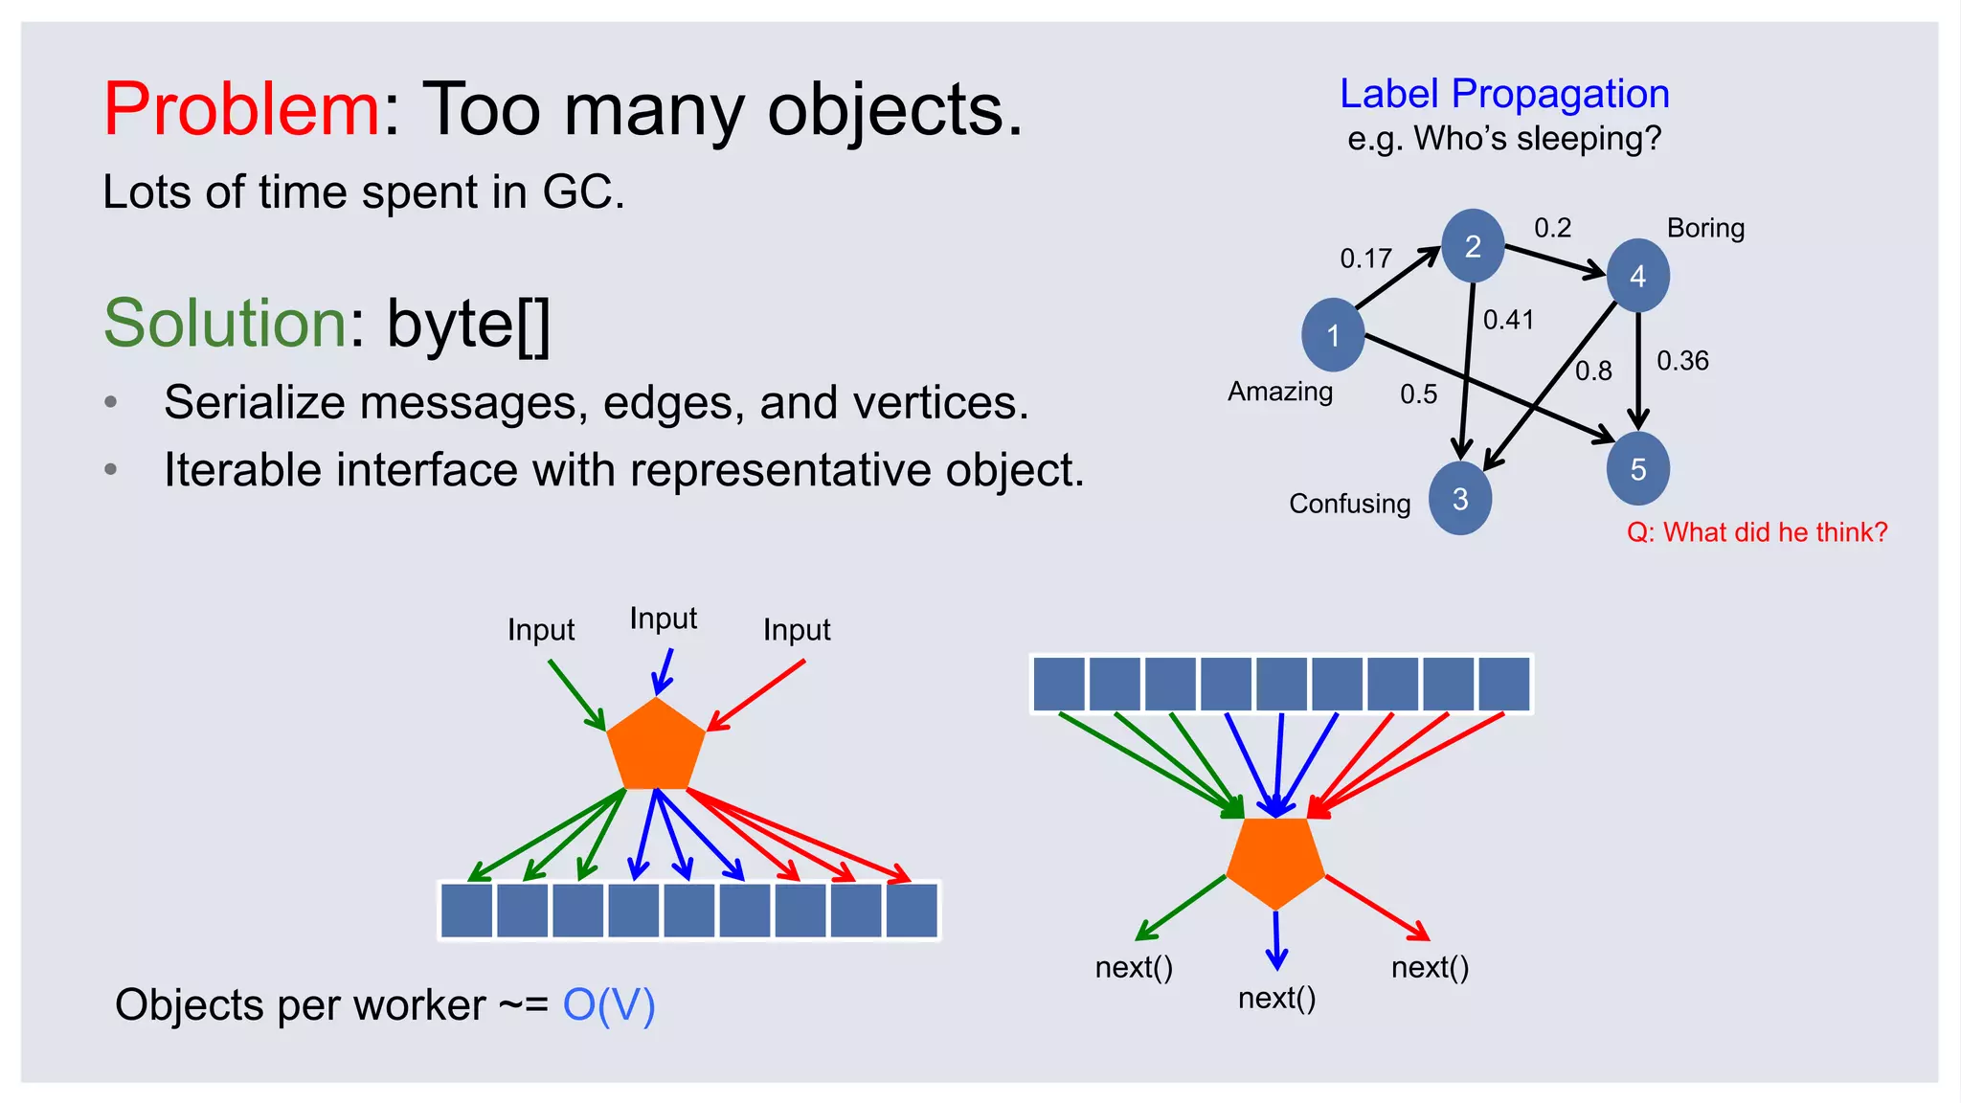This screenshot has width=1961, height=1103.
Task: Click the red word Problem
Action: pyautogui.click(x=241, y=109)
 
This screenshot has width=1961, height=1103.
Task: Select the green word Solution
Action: pyautogui.click(x=225, y=323)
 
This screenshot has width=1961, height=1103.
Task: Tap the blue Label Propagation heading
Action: pyautogui.click(x=1504, y=94)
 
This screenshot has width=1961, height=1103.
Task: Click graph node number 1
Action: pyautogui.click(x=1333, y=335)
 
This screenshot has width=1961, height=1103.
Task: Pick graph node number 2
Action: pyautogui.click(x=1473, y=246)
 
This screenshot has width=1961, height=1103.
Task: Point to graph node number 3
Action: pyautogui.click(x=1460, y=498)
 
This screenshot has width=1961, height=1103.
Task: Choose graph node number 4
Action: pyautogui.click(x=1637, y=276)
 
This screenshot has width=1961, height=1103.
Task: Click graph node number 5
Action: pyautogui.click(x=1637, y=468)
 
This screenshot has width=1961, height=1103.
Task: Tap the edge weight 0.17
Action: pyautogui.click(x=1365, y=259)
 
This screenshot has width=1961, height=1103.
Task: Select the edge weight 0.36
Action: pyautogui.click(x=1682, y=361)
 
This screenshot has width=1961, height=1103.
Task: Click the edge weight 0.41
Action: pyautogui.click(x=1508, y=320)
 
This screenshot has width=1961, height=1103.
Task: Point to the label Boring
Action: pyautogui.click(x=1705, y=228)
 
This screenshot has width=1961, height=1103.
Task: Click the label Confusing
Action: pyautogui.click(x=1349, y=504)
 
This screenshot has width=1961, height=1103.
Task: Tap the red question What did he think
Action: pyautogui.click(x=1757, y=532)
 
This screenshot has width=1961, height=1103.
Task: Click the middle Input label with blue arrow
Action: pyautogui.click(x=663, y=619)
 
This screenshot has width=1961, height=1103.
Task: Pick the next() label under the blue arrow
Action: pyautogui.click(x=1276, y=999)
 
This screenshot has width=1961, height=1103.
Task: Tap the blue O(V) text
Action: pyautogui.click(x=609, y=1005)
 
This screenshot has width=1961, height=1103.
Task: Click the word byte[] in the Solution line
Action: pyautogui.click(x=468, y=324)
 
